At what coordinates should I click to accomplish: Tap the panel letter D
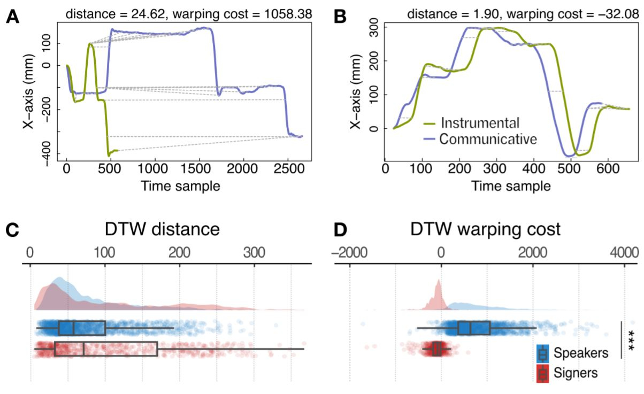tap(340, 230)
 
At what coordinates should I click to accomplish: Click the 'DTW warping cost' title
tap(485, 230)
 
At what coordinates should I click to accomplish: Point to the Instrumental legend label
tap(480, 123)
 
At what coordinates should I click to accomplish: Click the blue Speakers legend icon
tap(542, 353)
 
